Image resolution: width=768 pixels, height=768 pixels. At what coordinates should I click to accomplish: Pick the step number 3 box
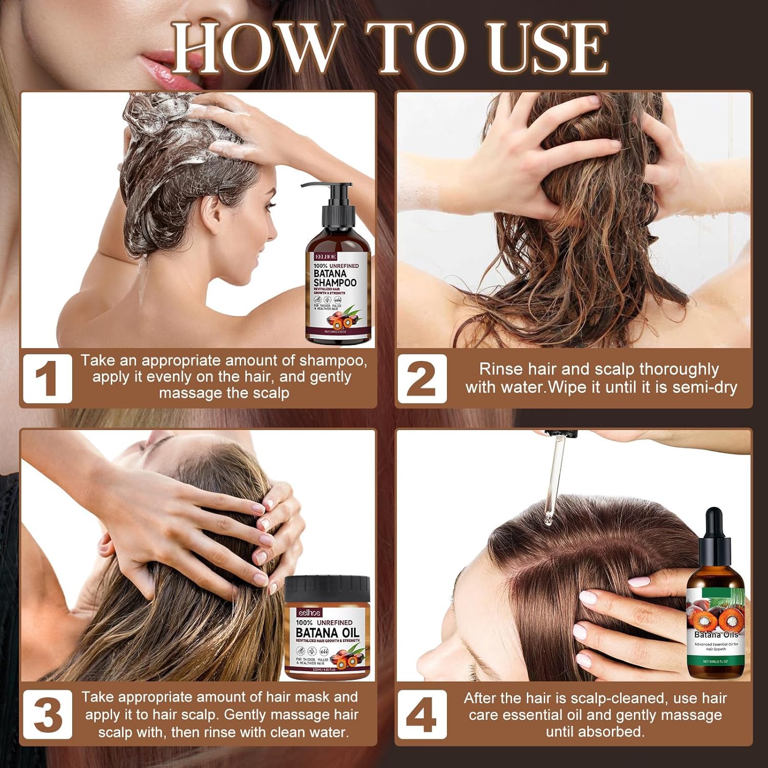pyautogui.click(x=47, y=715)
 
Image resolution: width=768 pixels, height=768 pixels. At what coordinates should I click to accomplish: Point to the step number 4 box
pyautogui.click(x=421, y=715)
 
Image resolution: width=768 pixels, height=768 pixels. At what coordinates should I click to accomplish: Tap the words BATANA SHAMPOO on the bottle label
pyautogui.click(x=335, y=278)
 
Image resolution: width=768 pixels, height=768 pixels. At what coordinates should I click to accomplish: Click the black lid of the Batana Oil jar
pyautogui.click(x=327, y=589)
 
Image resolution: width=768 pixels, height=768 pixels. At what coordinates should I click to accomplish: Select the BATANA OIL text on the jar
pyautogui.click(x=327, y=633)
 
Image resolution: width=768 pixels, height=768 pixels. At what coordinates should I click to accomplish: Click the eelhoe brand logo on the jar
pyautogui.click(x=310, y=613)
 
